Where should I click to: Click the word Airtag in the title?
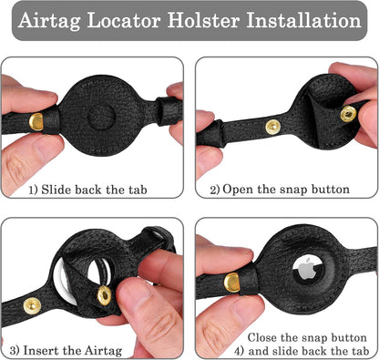tap(49, 21)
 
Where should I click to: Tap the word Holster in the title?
tap(204, 20)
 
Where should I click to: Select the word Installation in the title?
tap(303, 20)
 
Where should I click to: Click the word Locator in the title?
tap(124, 20)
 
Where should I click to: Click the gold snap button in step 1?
tap(36, 121)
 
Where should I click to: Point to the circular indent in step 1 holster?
tap(101, 118)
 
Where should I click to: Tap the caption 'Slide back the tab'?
tap(94, 190)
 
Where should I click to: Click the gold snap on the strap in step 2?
tap(272, 127)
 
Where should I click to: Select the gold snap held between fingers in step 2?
tap(348, 114)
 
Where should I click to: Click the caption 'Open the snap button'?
tap(286, 190)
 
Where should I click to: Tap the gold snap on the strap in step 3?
tap(32, 305)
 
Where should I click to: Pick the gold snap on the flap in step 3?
tap(104, 295)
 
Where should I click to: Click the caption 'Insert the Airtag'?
tap(73, 351)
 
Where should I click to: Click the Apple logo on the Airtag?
tap(306, 268)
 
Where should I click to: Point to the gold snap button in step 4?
tap(231, 283)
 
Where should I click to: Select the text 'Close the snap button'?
tap(307, 337)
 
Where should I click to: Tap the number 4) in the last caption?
tap(239, 352)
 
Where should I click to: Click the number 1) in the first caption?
tap(34, 190)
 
